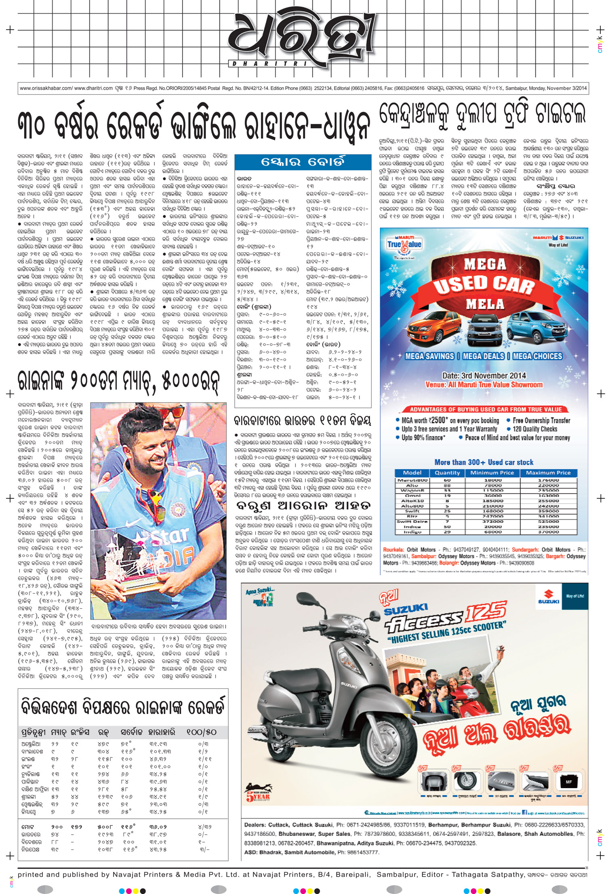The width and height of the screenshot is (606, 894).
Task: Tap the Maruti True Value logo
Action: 404,244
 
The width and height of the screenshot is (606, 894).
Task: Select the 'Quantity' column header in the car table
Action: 447,472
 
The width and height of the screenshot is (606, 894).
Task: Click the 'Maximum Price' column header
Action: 548,472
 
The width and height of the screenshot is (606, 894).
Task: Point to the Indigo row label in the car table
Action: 412,532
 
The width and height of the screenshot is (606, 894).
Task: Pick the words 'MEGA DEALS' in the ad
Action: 483,356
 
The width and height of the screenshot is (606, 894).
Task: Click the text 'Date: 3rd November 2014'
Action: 484,375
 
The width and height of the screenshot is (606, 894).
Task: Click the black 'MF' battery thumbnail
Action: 568,782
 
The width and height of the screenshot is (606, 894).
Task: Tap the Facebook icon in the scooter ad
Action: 525,812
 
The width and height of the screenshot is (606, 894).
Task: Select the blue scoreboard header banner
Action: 303,162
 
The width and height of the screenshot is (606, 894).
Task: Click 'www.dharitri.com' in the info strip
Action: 93,88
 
